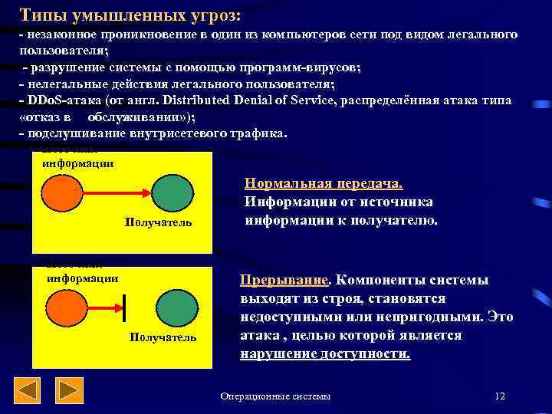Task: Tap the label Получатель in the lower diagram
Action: [163, 337]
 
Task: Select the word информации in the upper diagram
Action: [77, 163]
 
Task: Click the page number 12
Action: [500, 396]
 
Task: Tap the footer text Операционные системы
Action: [276, 396]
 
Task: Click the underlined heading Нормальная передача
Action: [324, 184]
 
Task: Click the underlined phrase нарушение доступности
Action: [325, 354]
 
